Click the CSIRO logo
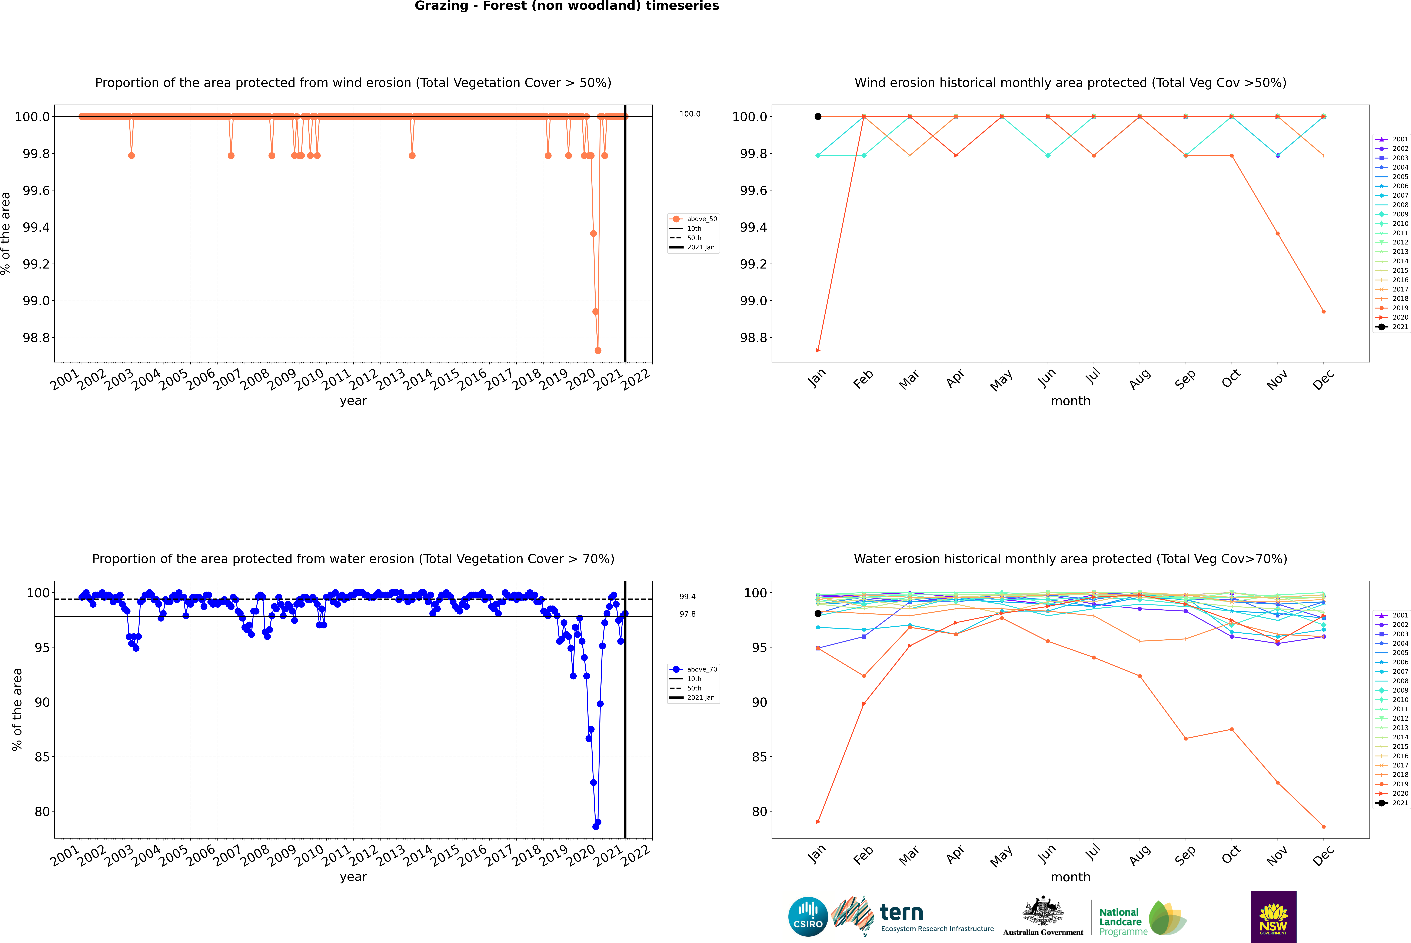(x=808, y=917)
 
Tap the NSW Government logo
(x=1273, y=917)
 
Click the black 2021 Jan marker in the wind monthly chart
(x=818, y=117)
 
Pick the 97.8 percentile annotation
(x=688, y=614)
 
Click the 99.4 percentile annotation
(x=688, y=597)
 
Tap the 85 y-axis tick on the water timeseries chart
(x=42, y=757)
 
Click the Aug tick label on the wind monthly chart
(x=1140, y=379)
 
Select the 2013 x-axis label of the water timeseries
(x=391, y=855)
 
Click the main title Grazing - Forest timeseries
(x=567, y=6)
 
